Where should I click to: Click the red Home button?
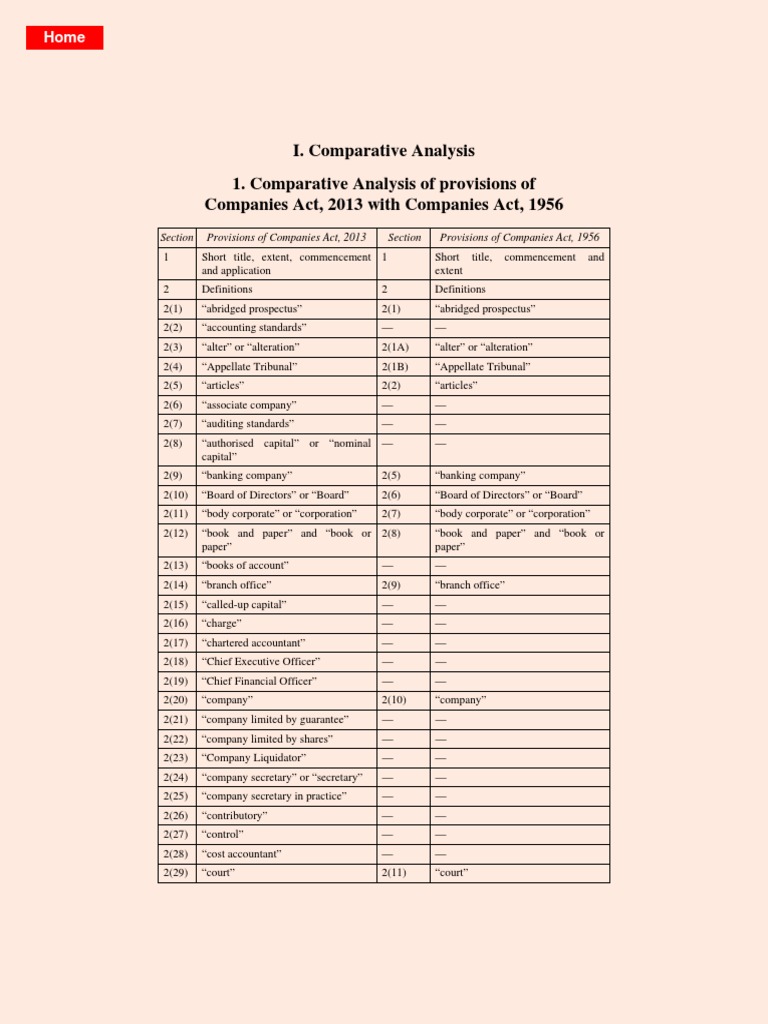coord(64,37)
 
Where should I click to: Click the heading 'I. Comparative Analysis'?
coord(384,151)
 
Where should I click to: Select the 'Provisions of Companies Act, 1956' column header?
coord(519,238)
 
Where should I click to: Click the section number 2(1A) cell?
coord(396,347)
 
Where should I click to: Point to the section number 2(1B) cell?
coord(396,367)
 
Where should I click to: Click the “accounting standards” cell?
coord(254,328)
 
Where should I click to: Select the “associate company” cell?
coord(249,405)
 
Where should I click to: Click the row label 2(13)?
coord(176,566)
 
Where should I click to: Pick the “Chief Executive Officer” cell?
coord(261,662)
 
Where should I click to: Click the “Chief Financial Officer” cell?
coord(259,681)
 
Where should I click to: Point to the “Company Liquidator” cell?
coord(254,758)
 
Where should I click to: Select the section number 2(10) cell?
coord(394,700)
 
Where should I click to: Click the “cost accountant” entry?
coord(241,854)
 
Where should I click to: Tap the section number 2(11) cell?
coord(394,873)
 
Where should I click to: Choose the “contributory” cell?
coord(234,816)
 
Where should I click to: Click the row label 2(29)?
coord(176,873)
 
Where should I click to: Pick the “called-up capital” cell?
coord(244,605)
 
